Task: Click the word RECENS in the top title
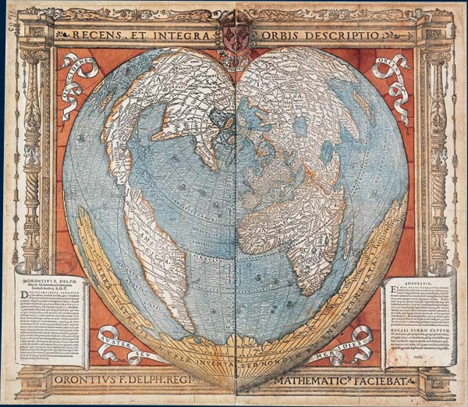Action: pyautogui.click(x=98, y=35)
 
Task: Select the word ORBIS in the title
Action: pyautogui.click(x=270, y=35)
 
